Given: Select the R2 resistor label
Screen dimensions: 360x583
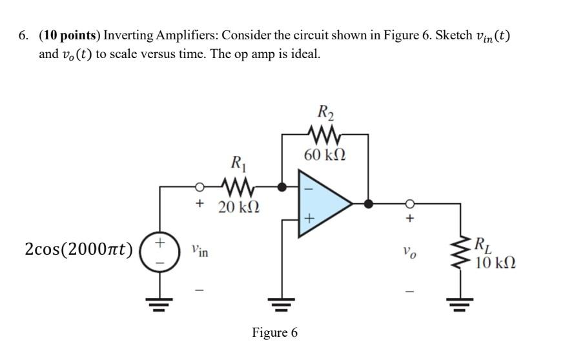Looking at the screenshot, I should (x=325, y=114).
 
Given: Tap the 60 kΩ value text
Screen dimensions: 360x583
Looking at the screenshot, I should (x=325, y=155).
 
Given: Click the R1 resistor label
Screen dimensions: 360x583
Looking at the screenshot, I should (x=238, y=163).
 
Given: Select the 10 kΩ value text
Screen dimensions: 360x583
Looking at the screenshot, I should (x=495, y=263).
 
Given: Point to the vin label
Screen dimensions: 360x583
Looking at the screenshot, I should (x=199, y=251).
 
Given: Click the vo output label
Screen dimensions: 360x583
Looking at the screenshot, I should (x=408, y=252).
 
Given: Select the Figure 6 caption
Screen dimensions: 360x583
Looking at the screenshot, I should (x=275, y=333).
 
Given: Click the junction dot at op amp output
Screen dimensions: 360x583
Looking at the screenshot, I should (x=369, y=204).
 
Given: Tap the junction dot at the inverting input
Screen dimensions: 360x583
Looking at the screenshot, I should (x=281, y=188).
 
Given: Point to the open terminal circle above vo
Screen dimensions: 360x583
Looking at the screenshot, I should (x=408, y=204).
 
